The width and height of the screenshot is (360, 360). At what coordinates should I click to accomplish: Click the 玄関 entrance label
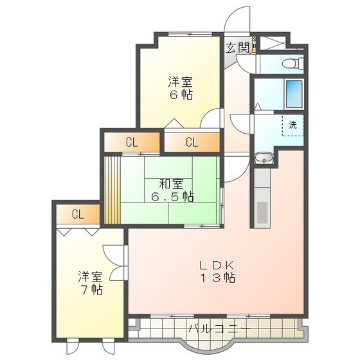(x=237, y=47)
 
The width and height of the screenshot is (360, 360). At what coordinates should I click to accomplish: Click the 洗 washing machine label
(x=292, y=125)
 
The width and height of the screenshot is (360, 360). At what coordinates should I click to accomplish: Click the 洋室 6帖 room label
(x=181, y=88)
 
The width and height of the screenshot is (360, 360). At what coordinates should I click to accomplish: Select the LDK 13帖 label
(x=215, y=271)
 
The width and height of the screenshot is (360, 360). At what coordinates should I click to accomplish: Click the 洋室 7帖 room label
(x=91, y=283)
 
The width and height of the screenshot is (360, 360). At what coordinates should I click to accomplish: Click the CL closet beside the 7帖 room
(x=77, y=214)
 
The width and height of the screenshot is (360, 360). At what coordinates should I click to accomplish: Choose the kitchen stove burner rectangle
(x=262, y=213)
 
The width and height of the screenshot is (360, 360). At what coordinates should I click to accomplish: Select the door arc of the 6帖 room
(x=210, y=120)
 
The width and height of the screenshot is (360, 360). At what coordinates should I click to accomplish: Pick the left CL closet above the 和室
(x=131, y=142)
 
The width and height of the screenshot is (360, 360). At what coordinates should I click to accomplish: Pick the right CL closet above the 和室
(x=192, y=142)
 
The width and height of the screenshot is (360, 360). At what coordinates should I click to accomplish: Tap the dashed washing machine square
(x=292, y=125)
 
